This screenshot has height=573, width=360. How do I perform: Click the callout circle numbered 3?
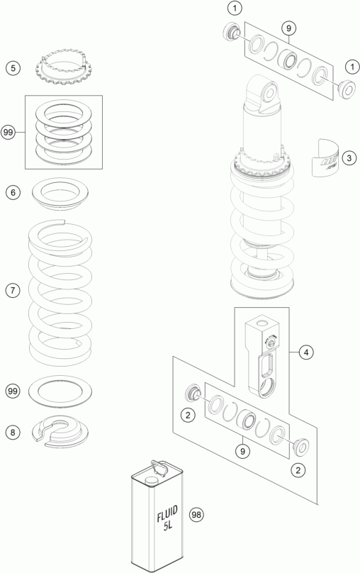point(349,158)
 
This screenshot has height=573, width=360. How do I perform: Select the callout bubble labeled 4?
point(306,352)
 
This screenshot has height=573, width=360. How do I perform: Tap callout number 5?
point(13,68)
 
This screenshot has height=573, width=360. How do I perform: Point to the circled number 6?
point(13,192)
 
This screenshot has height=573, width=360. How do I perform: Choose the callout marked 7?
point(13,291)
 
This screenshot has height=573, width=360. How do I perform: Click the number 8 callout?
point(13,433)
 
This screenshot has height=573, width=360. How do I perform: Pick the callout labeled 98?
point(196,515)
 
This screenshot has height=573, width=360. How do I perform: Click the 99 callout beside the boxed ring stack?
point(8,132)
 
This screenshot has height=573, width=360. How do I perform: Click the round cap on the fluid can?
point(150,481)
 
